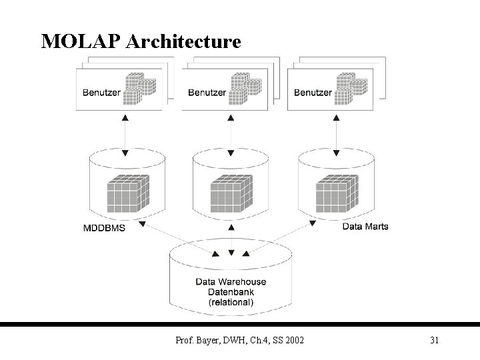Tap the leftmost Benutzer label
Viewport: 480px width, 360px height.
pos(101,93)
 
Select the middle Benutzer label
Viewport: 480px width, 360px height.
pos(207,93)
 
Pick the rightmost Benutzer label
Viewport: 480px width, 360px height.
pos(313,93)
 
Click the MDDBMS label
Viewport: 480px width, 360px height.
pos(103,227)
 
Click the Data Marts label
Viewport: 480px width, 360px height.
pos(365,227)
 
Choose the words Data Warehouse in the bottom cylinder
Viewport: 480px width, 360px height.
pos(231,281)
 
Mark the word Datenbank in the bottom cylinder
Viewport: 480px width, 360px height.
pos(231,292)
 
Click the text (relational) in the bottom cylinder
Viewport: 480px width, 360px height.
pos(231,302)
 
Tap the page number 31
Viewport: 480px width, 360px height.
pos(434,341)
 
